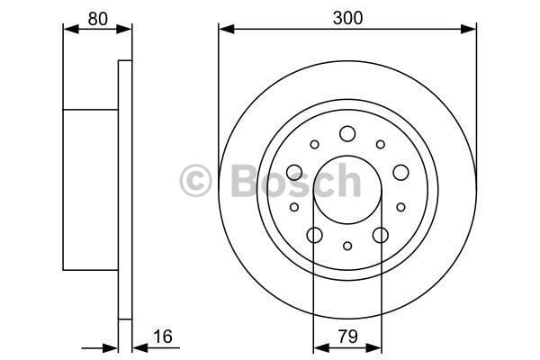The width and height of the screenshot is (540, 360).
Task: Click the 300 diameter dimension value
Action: (347, 18)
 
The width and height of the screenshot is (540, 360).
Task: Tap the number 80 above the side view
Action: (98, 19)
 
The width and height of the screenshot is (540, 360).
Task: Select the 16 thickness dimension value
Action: (163, 337)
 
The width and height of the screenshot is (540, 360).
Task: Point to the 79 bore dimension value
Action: (347, 337)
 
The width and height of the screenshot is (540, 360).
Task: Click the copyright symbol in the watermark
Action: (195, 181)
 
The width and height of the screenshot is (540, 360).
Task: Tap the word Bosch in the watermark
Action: (296, 180)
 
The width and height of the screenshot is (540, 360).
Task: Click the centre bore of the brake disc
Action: (347, 190)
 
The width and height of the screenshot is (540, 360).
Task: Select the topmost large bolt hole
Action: (347, 134)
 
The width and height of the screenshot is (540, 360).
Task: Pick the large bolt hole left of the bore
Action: (294, 172)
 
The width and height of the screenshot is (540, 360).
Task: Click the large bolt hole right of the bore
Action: (400, 172)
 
